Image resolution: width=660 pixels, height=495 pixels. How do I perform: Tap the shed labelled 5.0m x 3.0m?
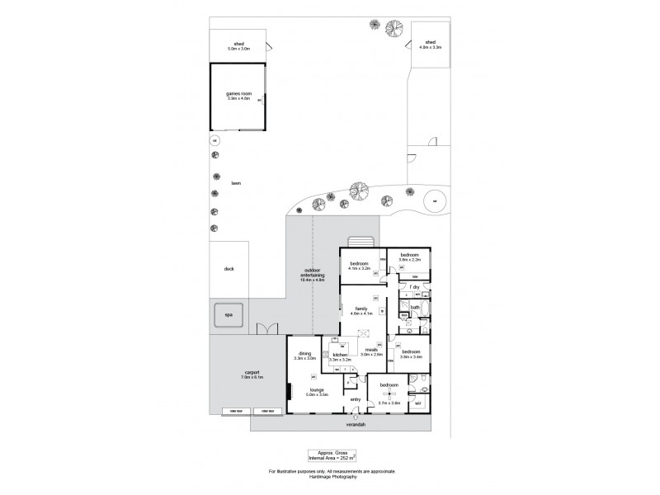[238, 45]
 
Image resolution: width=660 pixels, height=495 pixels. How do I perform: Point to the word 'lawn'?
[236, 183]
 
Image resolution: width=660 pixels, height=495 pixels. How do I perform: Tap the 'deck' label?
[229, 269]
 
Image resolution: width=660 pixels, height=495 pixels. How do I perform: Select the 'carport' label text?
[251, 372]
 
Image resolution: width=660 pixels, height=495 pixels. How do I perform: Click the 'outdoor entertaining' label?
[313, 273]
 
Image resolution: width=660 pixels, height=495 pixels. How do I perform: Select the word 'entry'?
[356, 399]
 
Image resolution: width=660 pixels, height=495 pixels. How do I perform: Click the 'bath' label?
[415, 308]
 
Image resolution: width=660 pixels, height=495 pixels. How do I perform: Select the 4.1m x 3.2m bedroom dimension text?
[360, 268]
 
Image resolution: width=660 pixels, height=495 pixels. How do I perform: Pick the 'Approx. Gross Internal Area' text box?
[332, 455]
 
